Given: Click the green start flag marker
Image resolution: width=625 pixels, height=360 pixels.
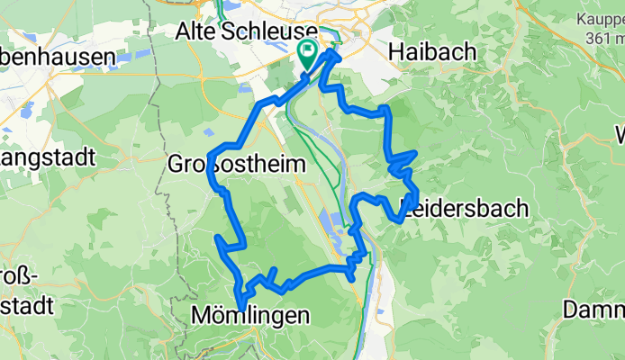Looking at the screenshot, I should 307,55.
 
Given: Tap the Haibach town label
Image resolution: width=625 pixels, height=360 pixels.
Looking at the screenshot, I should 432,53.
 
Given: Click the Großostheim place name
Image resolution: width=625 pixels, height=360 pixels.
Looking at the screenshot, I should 237,165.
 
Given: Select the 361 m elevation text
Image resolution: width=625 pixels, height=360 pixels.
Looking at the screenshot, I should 605,38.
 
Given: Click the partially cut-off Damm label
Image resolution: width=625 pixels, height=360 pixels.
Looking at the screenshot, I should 594,310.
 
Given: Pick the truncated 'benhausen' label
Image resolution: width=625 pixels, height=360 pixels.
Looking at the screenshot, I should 59,56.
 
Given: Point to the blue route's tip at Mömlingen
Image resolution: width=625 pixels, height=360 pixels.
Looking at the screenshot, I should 240,308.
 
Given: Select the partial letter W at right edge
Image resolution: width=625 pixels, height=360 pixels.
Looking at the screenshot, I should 620,135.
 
